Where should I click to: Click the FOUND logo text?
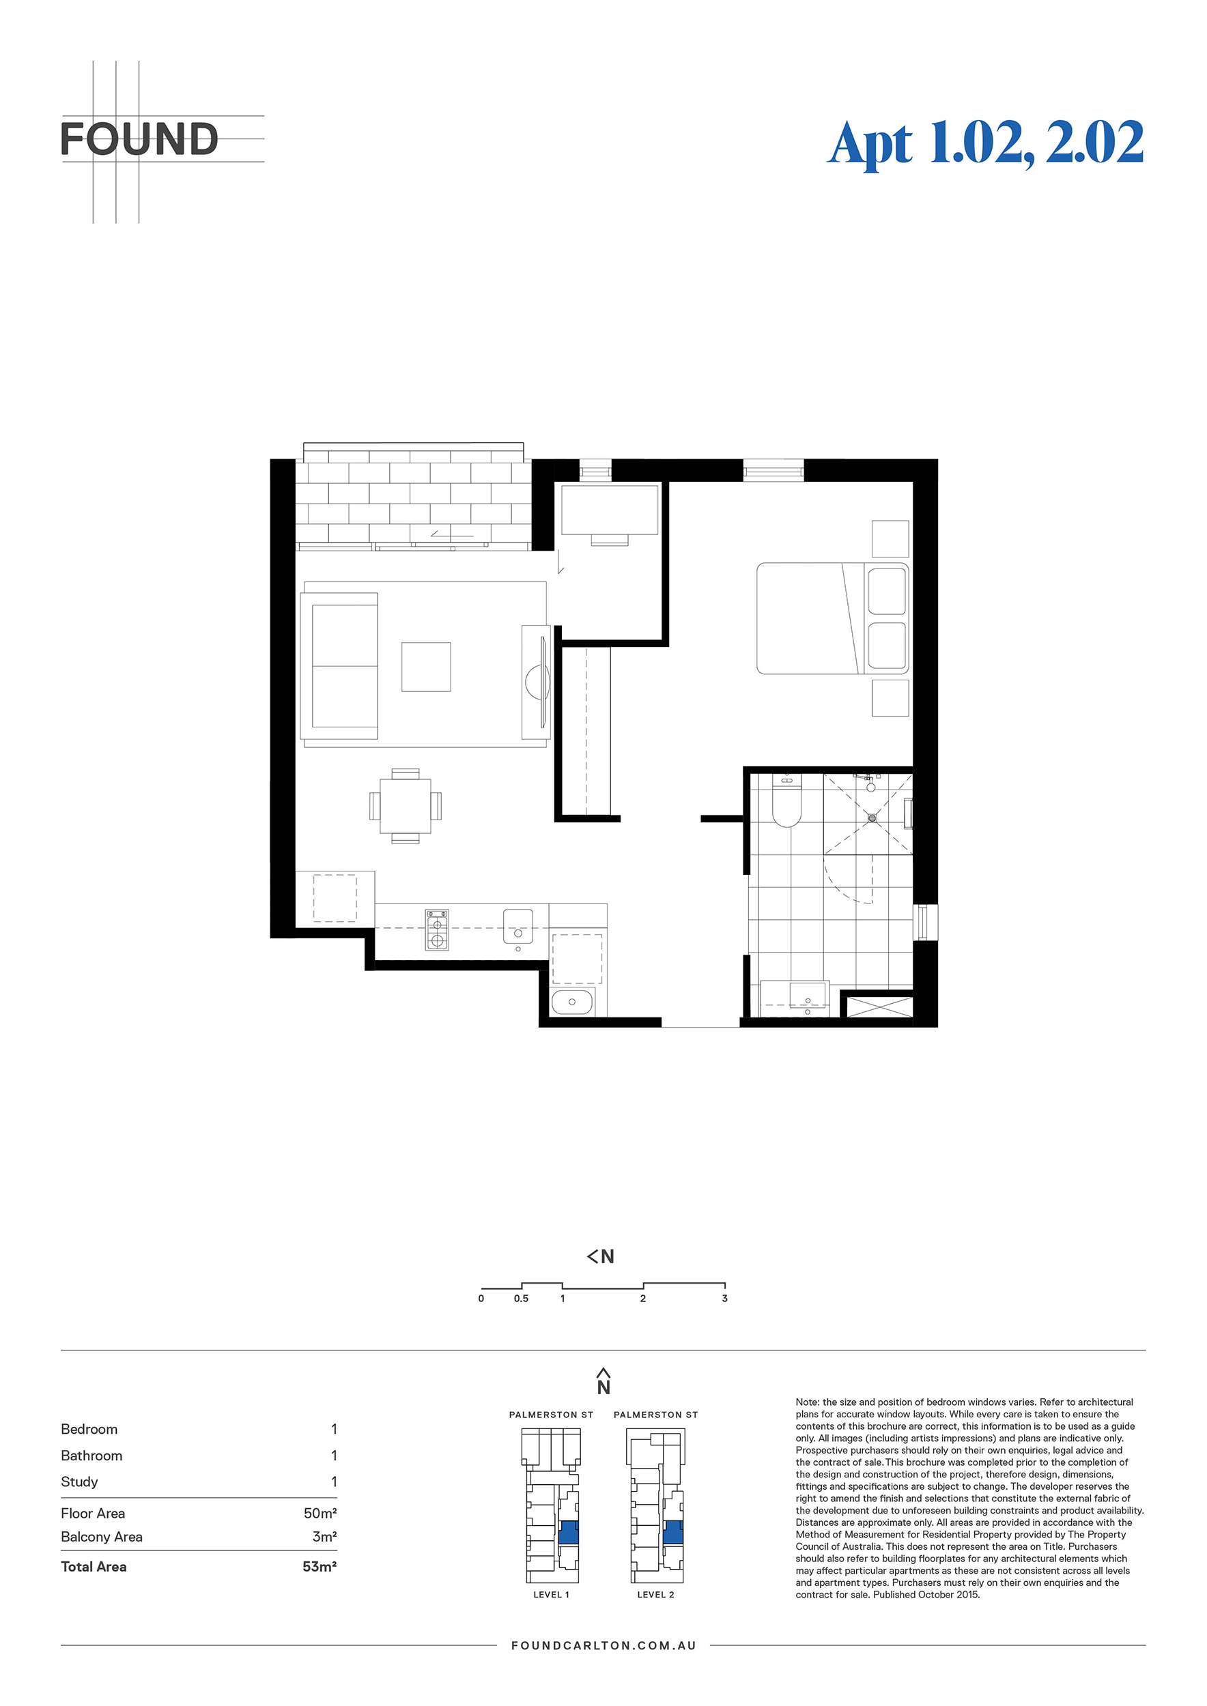point(139,139)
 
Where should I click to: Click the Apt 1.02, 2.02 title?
point(986,143)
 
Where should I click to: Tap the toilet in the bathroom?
point(786,800)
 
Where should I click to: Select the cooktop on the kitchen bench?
point(437,929)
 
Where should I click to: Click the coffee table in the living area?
point(426,667)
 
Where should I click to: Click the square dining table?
point(405,806)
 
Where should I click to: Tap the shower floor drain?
point(872,818)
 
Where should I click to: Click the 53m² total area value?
point(319,1566)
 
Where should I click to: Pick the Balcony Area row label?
point(102,1537)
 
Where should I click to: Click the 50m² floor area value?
point(320,1513)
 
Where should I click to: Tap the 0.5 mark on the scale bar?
point(521,1298)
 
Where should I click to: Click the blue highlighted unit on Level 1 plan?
point(568,1532)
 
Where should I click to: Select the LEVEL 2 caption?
point(655,1595)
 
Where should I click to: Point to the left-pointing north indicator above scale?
point(601,1256)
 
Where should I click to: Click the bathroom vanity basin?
point(808,998)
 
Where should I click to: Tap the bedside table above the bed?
point(890,538)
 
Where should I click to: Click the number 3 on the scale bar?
point(724,1298)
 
